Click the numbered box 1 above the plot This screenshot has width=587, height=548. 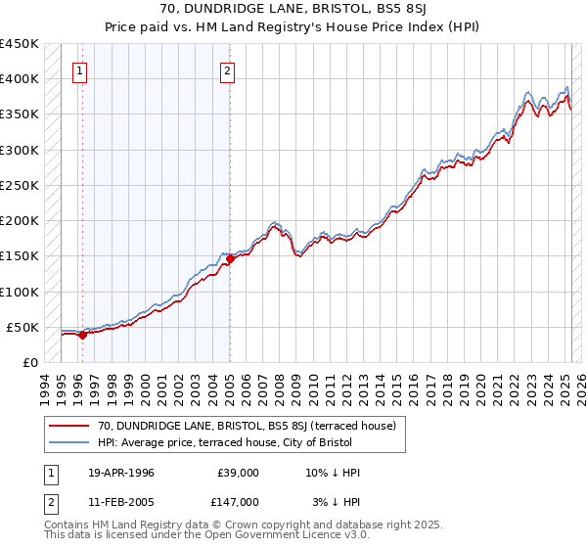79,70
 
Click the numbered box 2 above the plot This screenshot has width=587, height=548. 227,70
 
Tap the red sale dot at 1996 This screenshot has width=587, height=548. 82,335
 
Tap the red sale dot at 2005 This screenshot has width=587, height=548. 230,258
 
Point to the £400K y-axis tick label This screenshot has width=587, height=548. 19,79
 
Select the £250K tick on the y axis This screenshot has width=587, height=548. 19,185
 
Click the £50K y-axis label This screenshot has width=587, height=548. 23,327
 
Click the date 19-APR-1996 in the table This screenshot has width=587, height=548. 121,473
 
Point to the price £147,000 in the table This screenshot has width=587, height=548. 238,501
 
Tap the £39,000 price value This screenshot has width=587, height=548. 238,473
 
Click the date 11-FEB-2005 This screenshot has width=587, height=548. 121,501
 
